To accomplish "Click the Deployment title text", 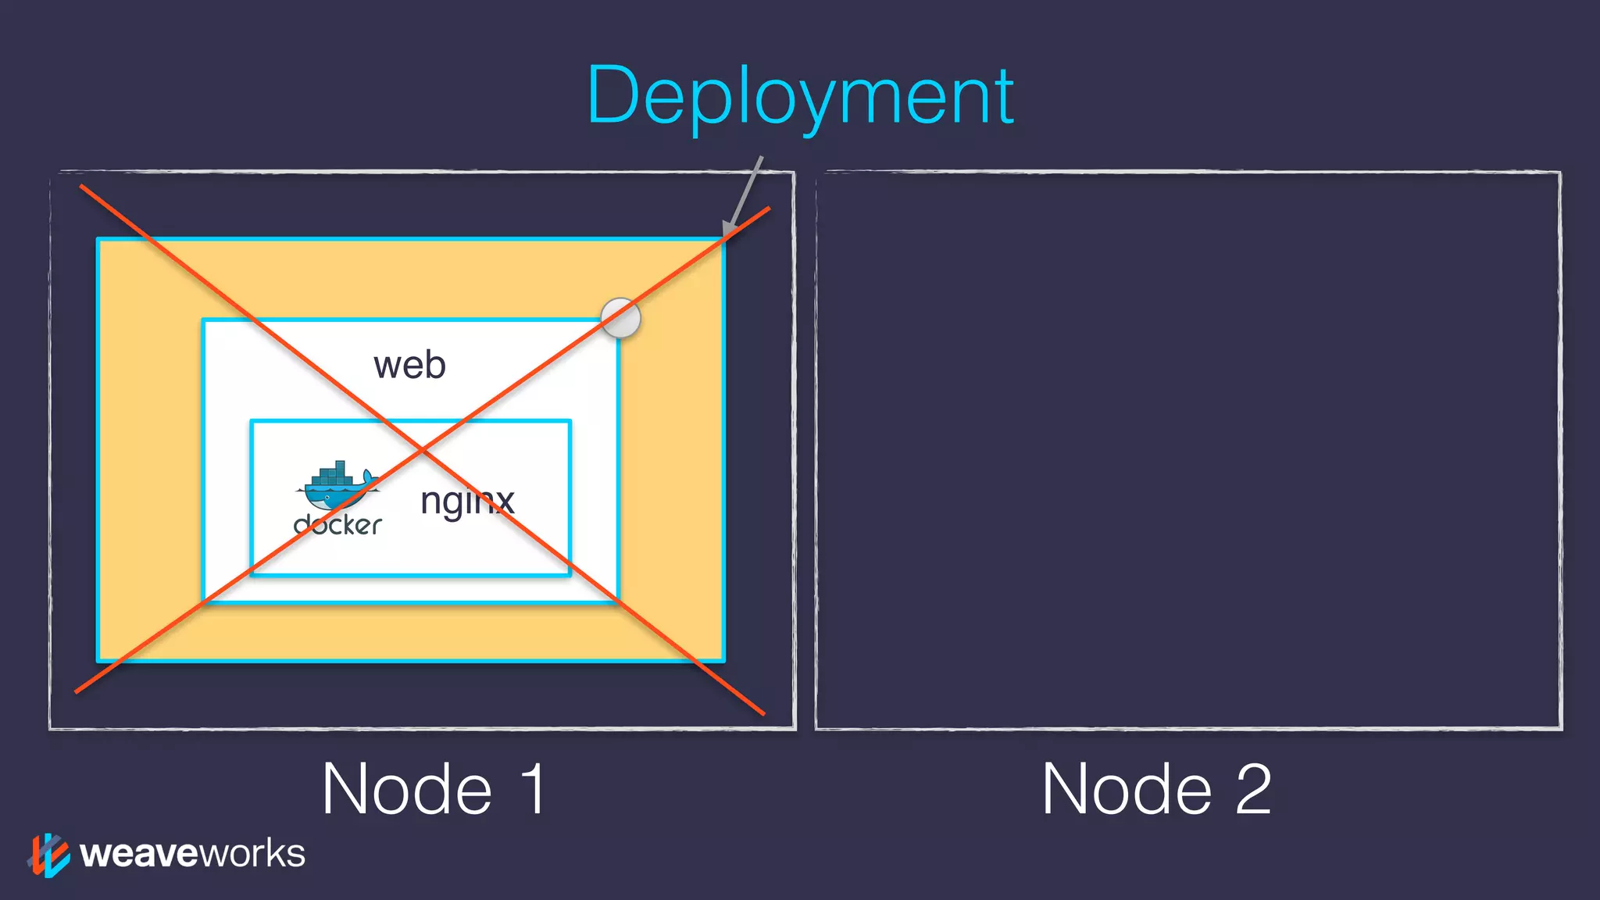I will [800, 97].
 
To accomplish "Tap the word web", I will [409, 366].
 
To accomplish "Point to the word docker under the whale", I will [337, 525].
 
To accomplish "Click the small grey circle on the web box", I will [621, 318].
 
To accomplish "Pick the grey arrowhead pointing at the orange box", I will [729, 228].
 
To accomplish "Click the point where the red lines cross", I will [423, 450].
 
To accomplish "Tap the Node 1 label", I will [434, 789].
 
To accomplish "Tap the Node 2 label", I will [1156, 789].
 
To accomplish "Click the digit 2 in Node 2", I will [1253, 789].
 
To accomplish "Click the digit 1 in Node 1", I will [534, 789].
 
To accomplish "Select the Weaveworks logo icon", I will [48, 855].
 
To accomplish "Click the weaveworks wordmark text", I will [192, 853].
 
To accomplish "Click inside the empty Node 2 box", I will [1187, 450].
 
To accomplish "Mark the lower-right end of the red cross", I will [762, 712].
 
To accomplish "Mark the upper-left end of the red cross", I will [82, 187].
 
